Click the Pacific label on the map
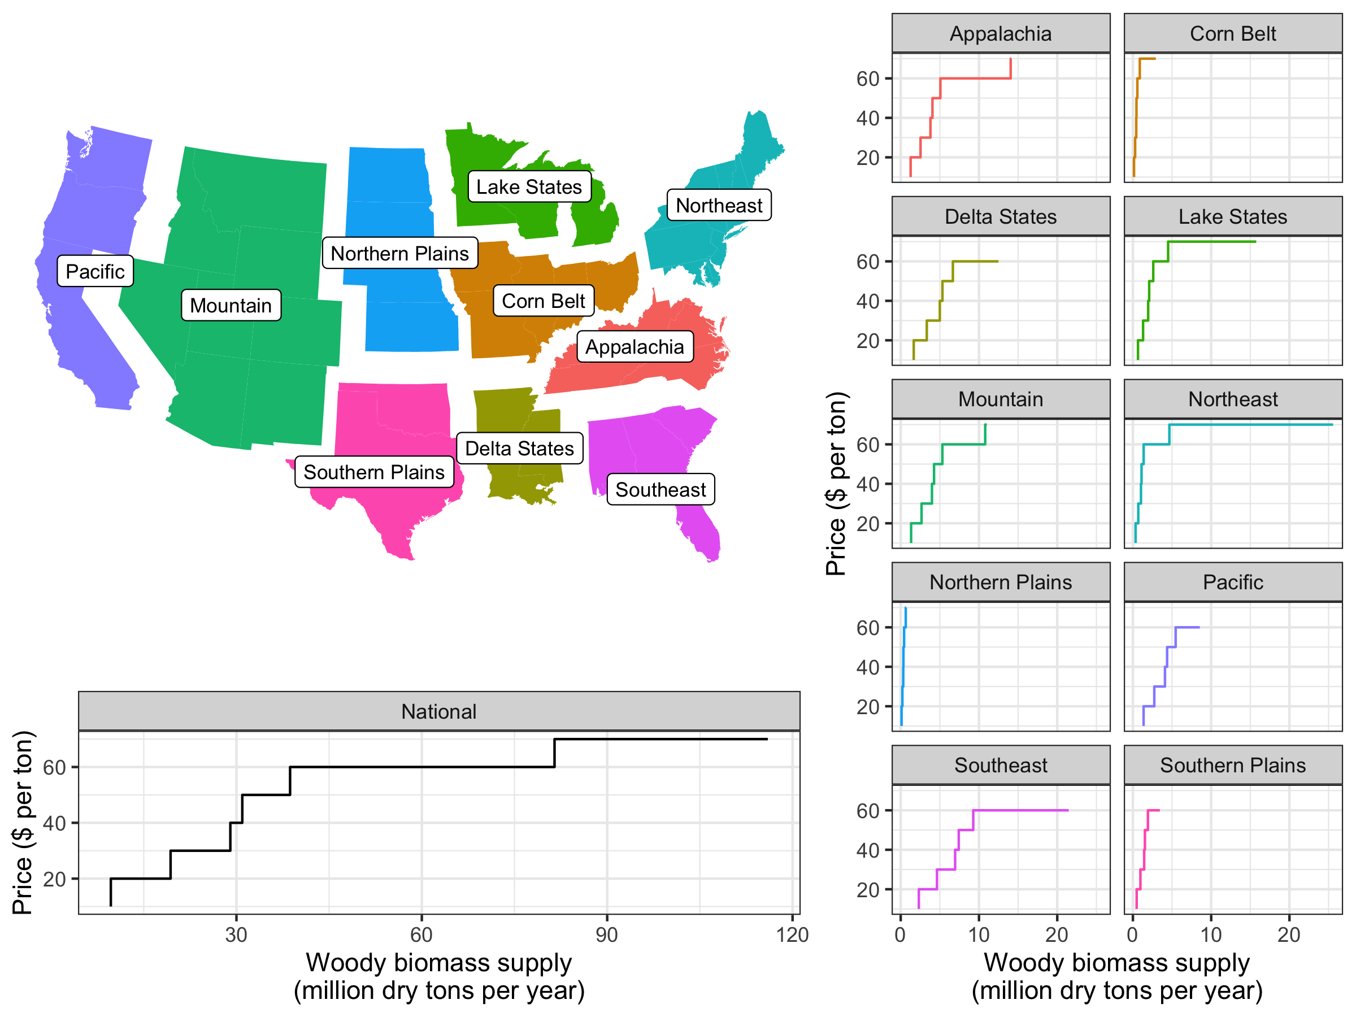pos(95,272)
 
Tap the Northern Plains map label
pos(399,253)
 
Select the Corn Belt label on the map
pos(543,301)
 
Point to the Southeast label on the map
pos(660,490)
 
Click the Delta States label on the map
pos(519,449)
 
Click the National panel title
pos(439,712)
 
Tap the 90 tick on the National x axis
pos(607,935)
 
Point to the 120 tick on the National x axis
pos(792,935)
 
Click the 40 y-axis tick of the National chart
pos(55,823)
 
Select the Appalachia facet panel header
pos(1001,34)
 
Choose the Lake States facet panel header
pos(1232,216)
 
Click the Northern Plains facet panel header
pos(1001,583)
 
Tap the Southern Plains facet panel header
pos(1232,765)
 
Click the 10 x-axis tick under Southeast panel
pos(979,935)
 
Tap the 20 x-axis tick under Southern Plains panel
pos(1289,935)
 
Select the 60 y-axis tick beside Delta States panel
pos(867,262)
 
